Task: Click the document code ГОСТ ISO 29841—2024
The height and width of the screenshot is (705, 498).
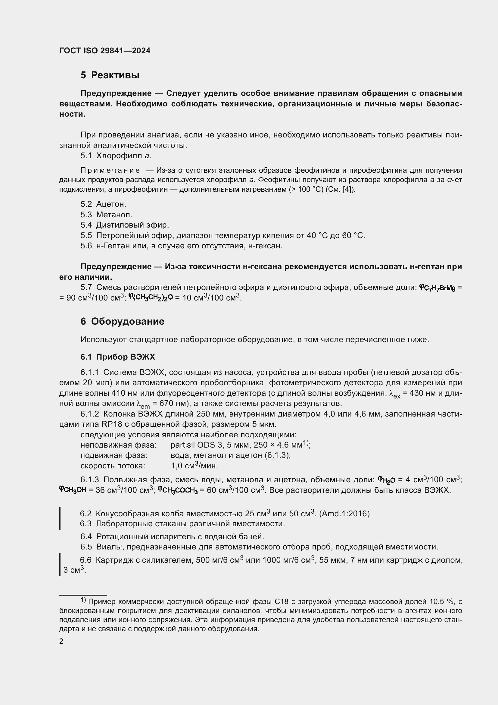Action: point(104,51)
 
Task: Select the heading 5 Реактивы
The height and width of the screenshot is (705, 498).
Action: point(110,75)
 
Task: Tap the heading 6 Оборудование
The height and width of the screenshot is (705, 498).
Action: point(122,322)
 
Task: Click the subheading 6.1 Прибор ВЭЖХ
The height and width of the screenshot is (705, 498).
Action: point(118,357)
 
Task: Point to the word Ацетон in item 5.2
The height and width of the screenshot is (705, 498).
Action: point(111,204)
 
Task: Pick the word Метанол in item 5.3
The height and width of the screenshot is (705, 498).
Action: point(114,215)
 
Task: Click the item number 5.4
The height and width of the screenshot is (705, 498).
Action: point(86,225)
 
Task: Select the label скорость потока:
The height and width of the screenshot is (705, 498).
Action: point(113,466)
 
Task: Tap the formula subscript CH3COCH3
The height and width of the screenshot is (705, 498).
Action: point(180,491)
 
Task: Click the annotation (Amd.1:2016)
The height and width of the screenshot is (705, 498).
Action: point(344,513)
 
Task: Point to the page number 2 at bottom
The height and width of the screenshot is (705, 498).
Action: point(61,641)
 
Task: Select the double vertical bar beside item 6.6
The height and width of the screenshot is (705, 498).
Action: point(60,564)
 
